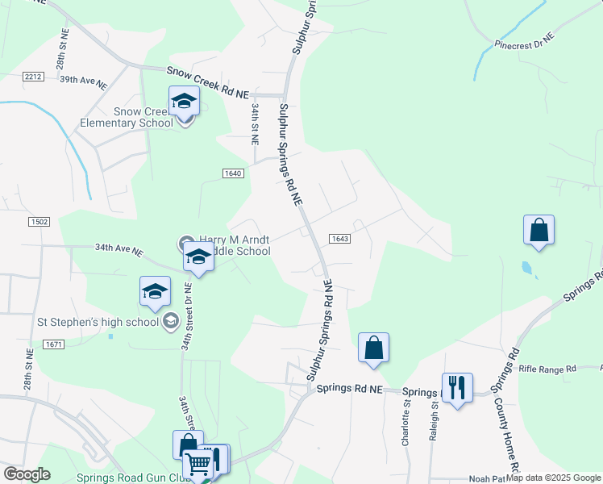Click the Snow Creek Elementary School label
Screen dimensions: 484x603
coord(143,117)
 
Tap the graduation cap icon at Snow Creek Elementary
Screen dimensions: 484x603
coord(185,102)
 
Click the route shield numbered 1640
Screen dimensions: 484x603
coord(233,173)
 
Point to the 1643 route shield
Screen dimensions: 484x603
coord(339,238)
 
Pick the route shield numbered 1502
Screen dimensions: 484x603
coord(39,222)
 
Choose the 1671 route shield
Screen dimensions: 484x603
coord(54,344)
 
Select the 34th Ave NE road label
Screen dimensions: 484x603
coord(119,250)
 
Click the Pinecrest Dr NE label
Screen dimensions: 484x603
coord(525,41)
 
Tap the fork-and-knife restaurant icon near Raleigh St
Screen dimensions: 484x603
coord(457,388)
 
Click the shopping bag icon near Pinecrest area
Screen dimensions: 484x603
coord(539,230)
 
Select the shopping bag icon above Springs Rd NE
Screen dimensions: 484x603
coord(373,348)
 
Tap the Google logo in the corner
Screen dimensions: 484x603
coord(27,474)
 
